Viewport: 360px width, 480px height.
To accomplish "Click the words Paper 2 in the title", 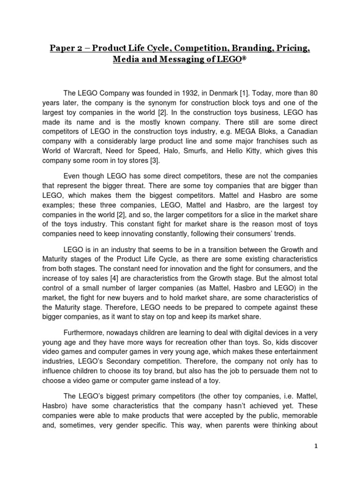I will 67,49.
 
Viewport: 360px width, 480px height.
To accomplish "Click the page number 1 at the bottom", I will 316,446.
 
